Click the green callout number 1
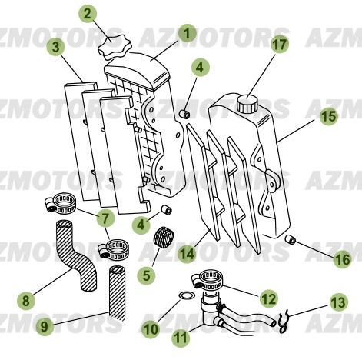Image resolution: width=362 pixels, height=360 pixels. point(185,33)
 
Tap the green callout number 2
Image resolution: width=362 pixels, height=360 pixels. point(89,13)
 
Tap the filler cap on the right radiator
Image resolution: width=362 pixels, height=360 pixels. point(247,102)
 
